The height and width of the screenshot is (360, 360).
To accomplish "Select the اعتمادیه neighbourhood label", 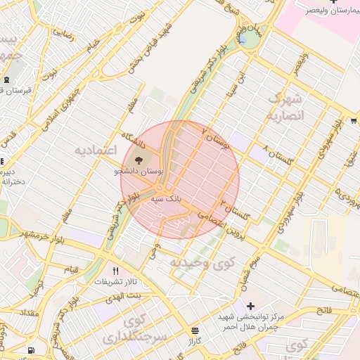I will tap(94, 150).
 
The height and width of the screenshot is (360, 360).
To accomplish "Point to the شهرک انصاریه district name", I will tap(284, 105).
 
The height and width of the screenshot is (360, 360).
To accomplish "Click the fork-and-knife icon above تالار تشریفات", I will tap(115, 271).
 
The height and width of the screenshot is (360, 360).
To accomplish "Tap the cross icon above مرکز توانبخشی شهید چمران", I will tap(250, 306).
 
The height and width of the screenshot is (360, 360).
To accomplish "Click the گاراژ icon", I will tap(195, 330).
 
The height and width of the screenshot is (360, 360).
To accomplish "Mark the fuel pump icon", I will tap(31, 350).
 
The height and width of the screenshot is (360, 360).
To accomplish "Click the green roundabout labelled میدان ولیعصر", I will tap(248, 39).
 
